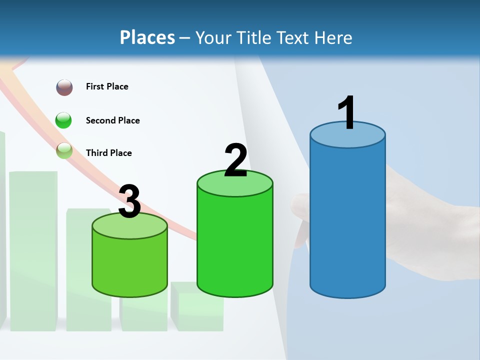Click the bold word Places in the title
pyautogui.click(x=147, y=37)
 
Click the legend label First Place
pyautogui.click(x=107, y=86)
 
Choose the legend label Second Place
pyautogui.click(x=112, y=120)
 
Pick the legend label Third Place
pyautogui.click(x=108, y=153)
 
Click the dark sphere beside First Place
pyautogui.click(x=64, y=87)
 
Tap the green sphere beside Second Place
pyautogui.click(x=63, y=120)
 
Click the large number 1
pyautogui.click(x=347, y=113)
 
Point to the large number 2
pyautogui.click(x=235, y=160)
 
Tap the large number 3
pyautogui.click(x=130, y=201)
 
